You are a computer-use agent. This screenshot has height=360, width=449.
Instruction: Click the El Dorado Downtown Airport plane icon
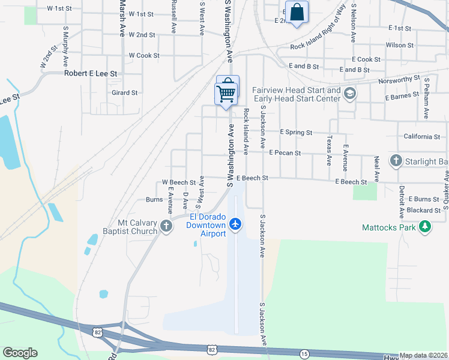pyautogui.click(x=235, y=224)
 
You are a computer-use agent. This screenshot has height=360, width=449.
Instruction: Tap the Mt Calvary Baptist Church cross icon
pyautogui.click(x=166, y=226)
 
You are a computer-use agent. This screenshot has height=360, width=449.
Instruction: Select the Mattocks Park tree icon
pyautogui.click(x=425, y=227)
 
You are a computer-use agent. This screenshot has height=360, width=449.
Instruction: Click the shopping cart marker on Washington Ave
pyautogui.click(x=227, y=92)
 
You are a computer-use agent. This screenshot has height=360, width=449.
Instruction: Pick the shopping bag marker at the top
pyautogui.click(x=297, y=12)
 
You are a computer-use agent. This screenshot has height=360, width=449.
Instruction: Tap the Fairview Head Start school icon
pyautogui.click(x=350, y=94)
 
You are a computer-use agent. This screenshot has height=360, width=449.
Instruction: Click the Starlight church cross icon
pyautogui.click(x=396, y=161)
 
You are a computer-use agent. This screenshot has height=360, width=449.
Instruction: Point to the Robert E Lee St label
pyautogui.click(x=90, y=73)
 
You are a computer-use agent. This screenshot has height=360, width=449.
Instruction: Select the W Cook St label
pyautogui.click(x=144, y=55)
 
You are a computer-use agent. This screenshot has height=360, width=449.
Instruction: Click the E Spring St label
pyautogui.click(x=296, y=132)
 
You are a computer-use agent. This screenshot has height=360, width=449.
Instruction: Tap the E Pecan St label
pyautogui.click(x=285, y=153)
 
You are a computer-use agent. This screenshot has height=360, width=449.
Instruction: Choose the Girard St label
pyautogui.click(x=125, y=93)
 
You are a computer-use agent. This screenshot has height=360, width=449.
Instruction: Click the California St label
pyautogui.click(x=421, y=137)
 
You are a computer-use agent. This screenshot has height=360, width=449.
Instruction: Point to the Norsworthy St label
pyautogui.click(x=399, y=79)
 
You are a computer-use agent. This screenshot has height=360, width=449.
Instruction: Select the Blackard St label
pyautogui.click(x=423, y=211)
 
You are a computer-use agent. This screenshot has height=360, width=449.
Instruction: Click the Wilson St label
pyautogui.click(x=400, y=45)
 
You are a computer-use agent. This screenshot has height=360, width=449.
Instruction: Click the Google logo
pyautogui.click(x=20, y=353)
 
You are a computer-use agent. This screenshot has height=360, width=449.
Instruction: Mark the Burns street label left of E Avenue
pyautogui.click(x=154, y=200)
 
